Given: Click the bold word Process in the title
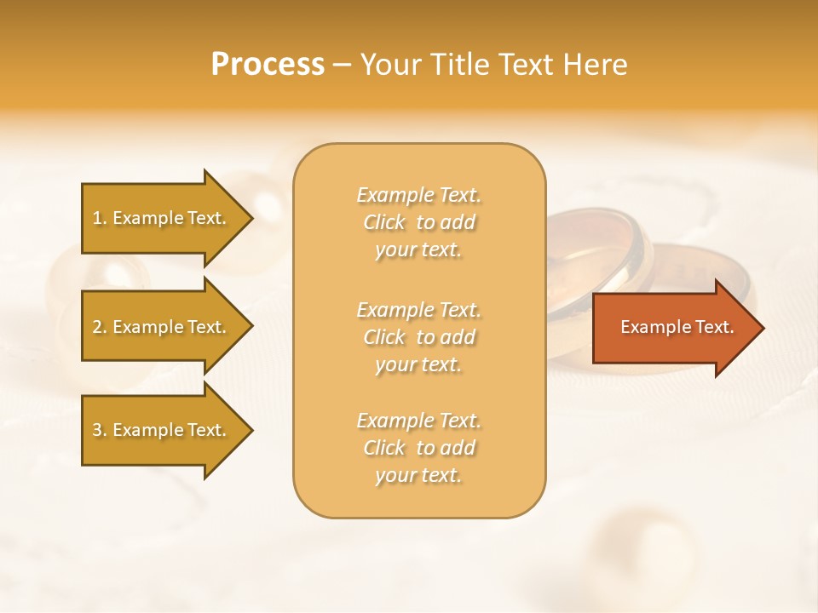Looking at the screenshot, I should click(x=268, y=65).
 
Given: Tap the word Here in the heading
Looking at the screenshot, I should click(x=594, y=65).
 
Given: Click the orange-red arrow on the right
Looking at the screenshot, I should click(x=673, y=327).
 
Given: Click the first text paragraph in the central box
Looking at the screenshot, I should click(x=418, y=222).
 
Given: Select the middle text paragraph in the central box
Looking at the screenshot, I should click(x=418, y=337).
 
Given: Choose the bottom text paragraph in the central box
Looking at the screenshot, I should click(x=418, y=448).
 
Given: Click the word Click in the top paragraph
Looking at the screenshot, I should click(x=384, y=222).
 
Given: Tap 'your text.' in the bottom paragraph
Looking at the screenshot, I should click(x=418, y=475).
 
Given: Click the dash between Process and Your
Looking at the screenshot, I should click(x=342, y=65).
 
